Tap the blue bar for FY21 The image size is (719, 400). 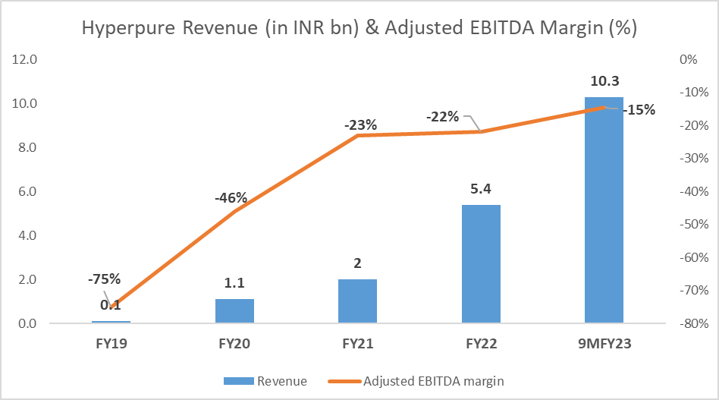358,301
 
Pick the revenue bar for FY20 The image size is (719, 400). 235,311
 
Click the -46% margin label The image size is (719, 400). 231,198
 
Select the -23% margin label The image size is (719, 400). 359,124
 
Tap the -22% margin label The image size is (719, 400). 441,117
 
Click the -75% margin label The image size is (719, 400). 103,279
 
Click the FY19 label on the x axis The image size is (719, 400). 112,343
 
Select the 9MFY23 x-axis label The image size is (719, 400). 604,343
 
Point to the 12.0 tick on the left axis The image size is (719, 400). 27,59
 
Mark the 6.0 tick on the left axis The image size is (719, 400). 27,191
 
